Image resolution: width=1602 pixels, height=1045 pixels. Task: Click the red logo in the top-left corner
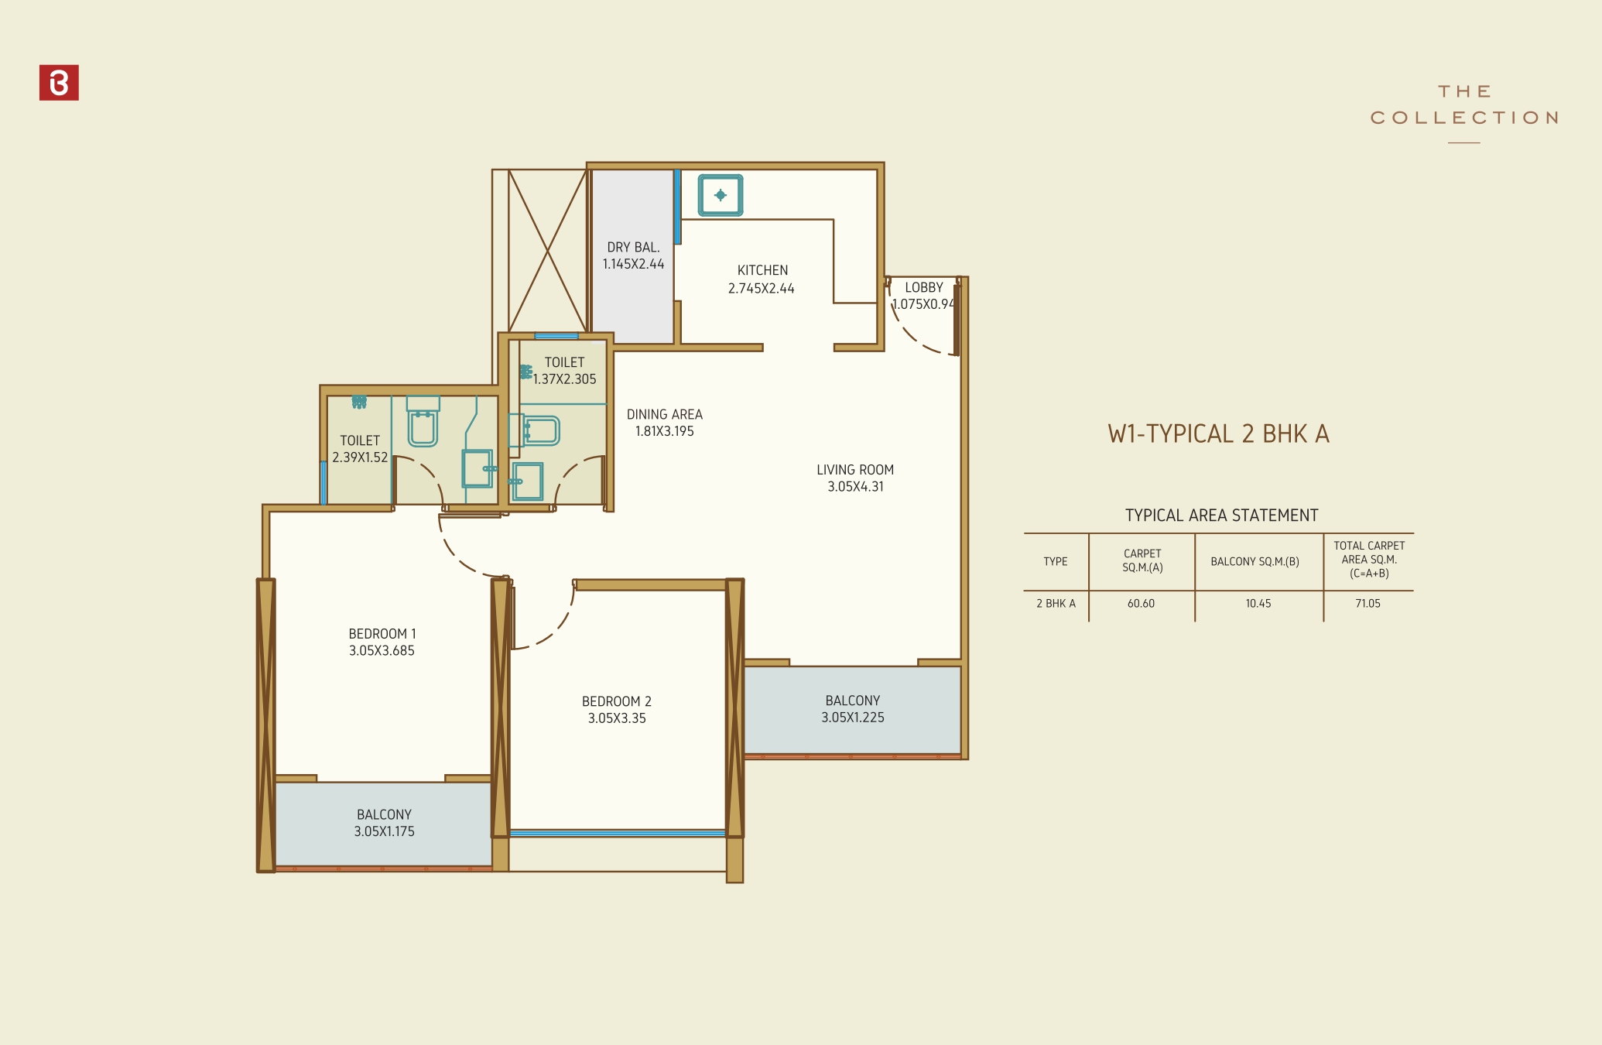pyautogui.click(x=59, y=83)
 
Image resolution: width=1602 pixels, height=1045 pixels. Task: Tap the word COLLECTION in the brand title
pyautogui.click(x=1463, y=118)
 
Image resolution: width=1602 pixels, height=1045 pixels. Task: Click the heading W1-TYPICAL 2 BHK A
pyautogui.click(x=1218, y=434)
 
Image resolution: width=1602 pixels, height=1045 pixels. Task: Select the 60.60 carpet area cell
pyautogui.click(x=1141, y=604)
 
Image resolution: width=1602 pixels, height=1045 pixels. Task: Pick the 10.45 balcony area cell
pyautogui.click(x=1258, y=604)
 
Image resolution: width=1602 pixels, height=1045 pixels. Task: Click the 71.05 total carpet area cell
pyautogui.click(x=1368, y=604)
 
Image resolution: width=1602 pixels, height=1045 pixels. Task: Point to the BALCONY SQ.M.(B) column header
pyautogui.click(x=1255, y=562)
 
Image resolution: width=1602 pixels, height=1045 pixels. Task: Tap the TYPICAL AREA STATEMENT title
pyautogui.click(x=1221, y=516)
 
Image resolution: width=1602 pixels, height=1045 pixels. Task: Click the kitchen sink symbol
pyautogui.click(x=721, y=195)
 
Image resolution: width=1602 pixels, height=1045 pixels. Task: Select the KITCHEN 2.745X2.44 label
pyautogui.click(x=762, y=279)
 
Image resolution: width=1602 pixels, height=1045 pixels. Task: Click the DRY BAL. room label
pyautogui.click(x=633, y=248)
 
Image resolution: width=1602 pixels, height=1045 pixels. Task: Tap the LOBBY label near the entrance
pyautogui.click(x=923, y=287)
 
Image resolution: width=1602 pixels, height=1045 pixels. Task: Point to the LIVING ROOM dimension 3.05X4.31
pyautogui.click(x=855, y=487)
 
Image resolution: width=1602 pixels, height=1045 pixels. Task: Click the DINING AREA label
pyautogui.click(x=664, y=415)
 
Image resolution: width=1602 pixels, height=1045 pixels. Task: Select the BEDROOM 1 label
pyautogui.click(x=382, y=634)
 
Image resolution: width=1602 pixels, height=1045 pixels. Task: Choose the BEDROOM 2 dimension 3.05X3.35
pyautogui.click(x=617, y=718)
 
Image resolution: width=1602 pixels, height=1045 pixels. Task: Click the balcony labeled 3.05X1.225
pyautogui.click(x=852, y=709)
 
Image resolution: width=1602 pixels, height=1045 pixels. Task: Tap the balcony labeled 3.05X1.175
pyautogui.click(x=384, y=823)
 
